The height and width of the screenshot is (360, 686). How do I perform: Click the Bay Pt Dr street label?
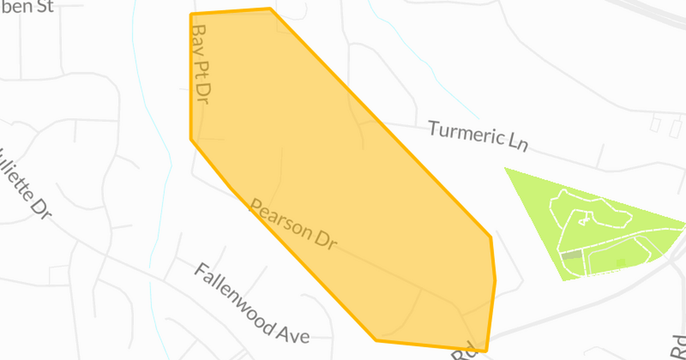click(x=200, y=63)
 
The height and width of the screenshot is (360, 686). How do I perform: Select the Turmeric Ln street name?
click(x=478, y=136)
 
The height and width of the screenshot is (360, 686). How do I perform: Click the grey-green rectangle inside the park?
click(x=572, y=255)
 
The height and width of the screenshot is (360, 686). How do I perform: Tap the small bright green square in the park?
click(x=621, y=262)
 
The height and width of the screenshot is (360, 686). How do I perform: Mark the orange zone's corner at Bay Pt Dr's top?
click(x=191, y=14)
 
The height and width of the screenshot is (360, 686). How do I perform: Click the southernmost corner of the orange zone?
click(x=485, y=351)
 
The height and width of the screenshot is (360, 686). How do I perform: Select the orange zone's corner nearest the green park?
click(x=490, y=237)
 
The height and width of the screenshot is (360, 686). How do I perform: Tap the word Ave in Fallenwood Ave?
click(x=295, y=334)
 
